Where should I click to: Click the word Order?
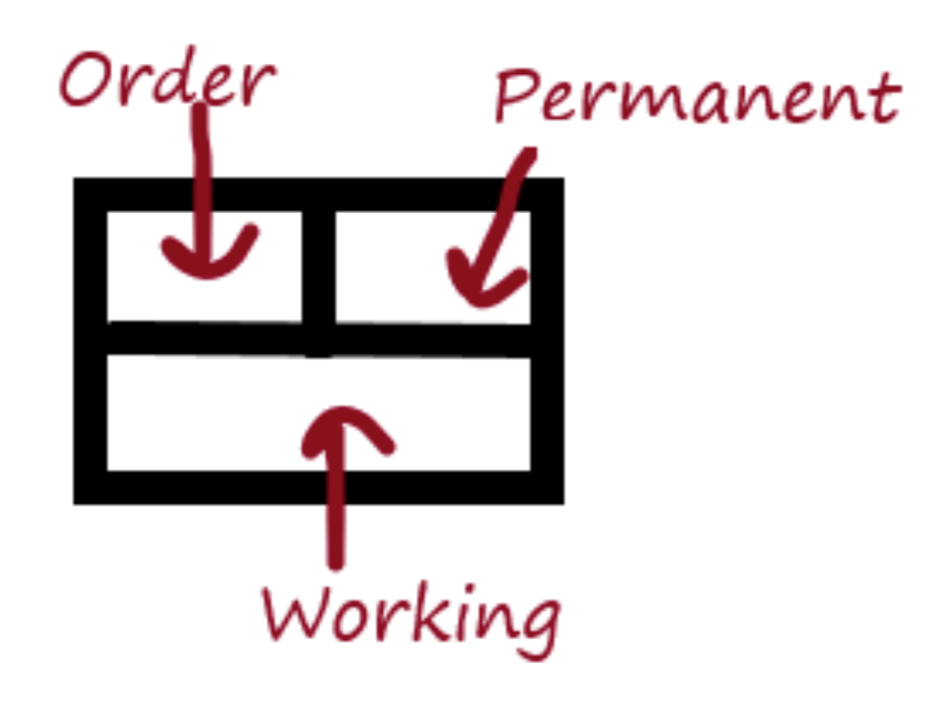pos(167,82)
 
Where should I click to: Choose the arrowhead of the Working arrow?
pos(344,426)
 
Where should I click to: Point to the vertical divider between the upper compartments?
pos(318,264)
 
